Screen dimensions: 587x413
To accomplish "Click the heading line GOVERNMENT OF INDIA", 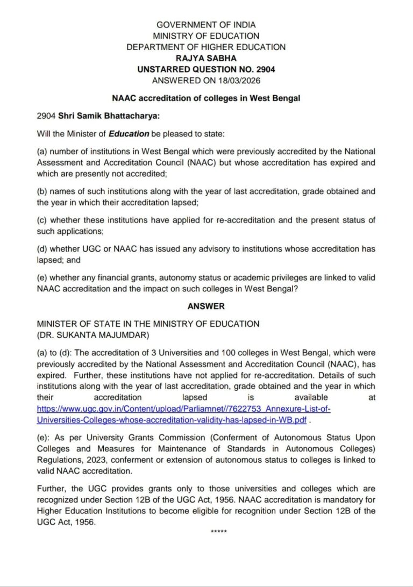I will (206, 25).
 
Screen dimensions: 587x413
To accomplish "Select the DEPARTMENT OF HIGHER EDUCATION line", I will (206, 47).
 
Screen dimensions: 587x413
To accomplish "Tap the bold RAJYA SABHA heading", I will (206, 58).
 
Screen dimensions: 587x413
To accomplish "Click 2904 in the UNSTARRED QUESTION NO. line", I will (265, 69).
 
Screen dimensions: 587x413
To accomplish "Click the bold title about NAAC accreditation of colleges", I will (206, 98).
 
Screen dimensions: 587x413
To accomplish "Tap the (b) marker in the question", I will (42, 191).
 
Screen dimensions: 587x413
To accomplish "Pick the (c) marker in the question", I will (42, 220).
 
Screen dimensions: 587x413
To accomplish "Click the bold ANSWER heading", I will (206, 306).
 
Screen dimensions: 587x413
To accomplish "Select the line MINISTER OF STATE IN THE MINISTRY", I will (148, 324).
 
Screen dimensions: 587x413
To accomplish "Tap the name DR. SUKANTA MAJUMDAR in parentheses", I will (92, 335).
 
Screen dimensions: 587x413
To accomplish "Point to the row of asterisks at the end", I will (218, 532).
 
